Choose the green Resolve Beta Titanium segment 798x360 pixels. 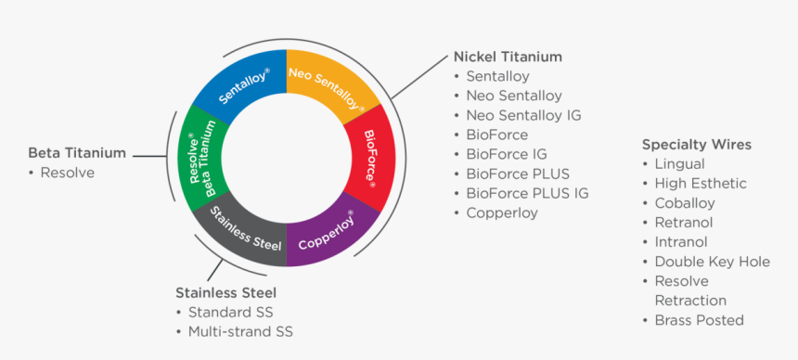point(202,159)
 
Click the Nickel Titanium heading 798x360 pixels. point(508,57)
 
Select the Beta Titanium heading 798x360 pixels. point(77,153)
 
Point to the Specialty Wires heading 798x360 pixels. point(696,145)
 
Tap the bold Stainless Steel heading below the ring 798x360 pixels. point(225,293)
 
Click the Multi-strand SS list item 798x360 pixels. point(246,331)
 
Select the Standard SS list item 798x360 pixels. point(230,313)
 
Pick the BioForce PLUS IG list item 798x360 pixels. point(527,193)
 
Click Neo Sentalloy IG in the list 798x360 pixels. point(523,115)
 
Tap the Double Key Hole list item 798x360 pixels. point(712,262)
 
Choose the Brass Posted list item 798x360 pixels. point(699,320)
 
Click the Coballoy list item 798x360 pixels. point(685,203)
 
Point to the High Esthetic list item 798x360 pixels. point(700,184)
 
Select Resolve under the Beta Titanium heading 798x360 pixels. point(67,173)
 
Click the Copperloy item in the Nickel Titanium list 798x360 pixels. point(502,212)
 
